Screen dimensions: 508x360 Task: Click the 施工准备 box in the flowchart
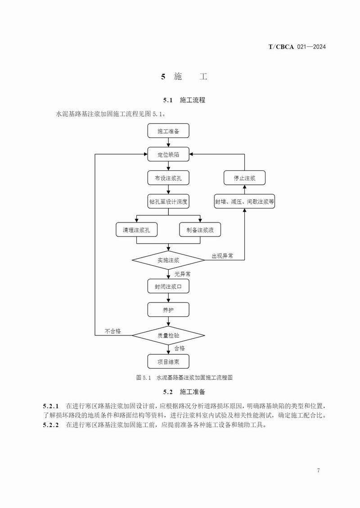point(168,131)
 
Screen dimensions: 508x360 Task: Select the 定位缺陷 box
point(168,155)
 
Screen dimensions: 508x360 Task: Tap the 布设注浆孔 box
point(168,178)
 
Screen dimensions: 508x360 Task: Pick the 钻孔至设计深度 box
point(168,202)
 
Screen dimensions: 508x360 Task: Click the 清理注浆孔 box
point(136,230)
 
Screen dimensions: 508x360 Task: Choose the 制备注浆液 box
point(200,230)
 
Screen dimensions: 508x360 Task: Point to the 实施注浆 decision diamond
point(168,260)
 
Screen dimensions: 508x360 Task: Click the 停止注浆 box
point(245,178)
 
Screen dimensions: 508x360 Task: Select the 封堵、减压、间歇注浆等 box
point(245,202)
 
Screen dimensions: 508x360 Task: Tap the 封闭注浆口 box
point(168,286)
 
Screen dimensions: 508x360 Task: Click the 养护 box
point(168,310)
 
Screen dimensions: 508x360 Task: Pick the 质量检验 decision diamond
point(168,335)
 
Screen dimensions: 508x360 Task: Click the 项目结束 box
point(168,361)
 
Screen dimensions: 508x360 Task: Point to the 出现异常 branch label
point(222,256)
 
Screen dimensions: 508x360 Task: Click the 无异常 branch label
point(182,273)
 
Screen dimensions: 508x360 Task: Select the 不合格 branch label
point(113,331)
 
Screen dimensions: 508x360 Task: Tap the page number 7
point(318,470)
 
